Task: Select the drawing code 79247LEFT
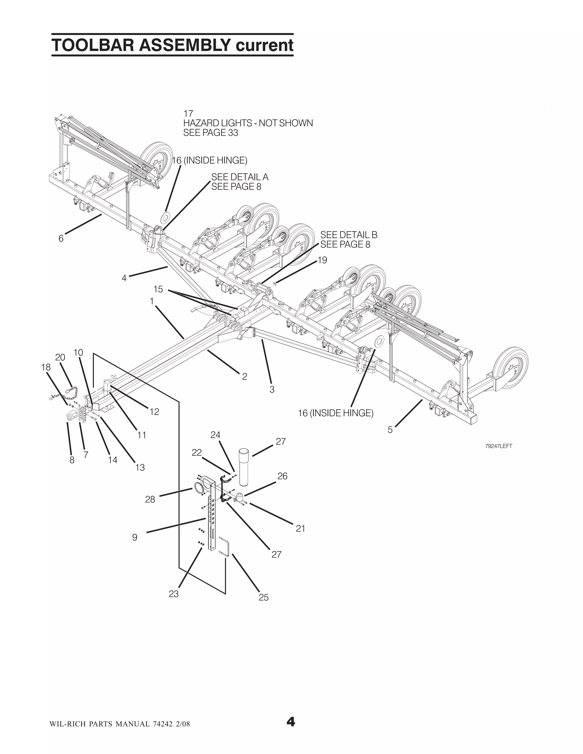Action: click(x=498, y=446)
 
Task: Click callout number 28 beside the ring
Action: click(x=150, y=499)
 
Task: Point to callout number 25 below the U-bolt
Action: click(x=264, y=597)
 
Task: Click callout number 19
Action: click(x=322, y=260)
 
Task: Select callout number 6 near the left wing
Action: click(x=61, y=238)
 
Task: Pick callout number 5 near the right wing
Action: click(x=390, y=430)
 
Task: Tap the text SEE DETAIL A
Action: click(x=240, y=177)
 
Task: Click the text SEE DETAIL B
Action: click(x=349, y=235)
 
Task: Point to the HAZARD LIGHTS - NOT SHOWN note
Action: click(x=248, y=123)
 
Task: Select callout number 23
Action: click(x=174, y=594)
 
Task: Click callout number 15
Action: click(x=158, y=289)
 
